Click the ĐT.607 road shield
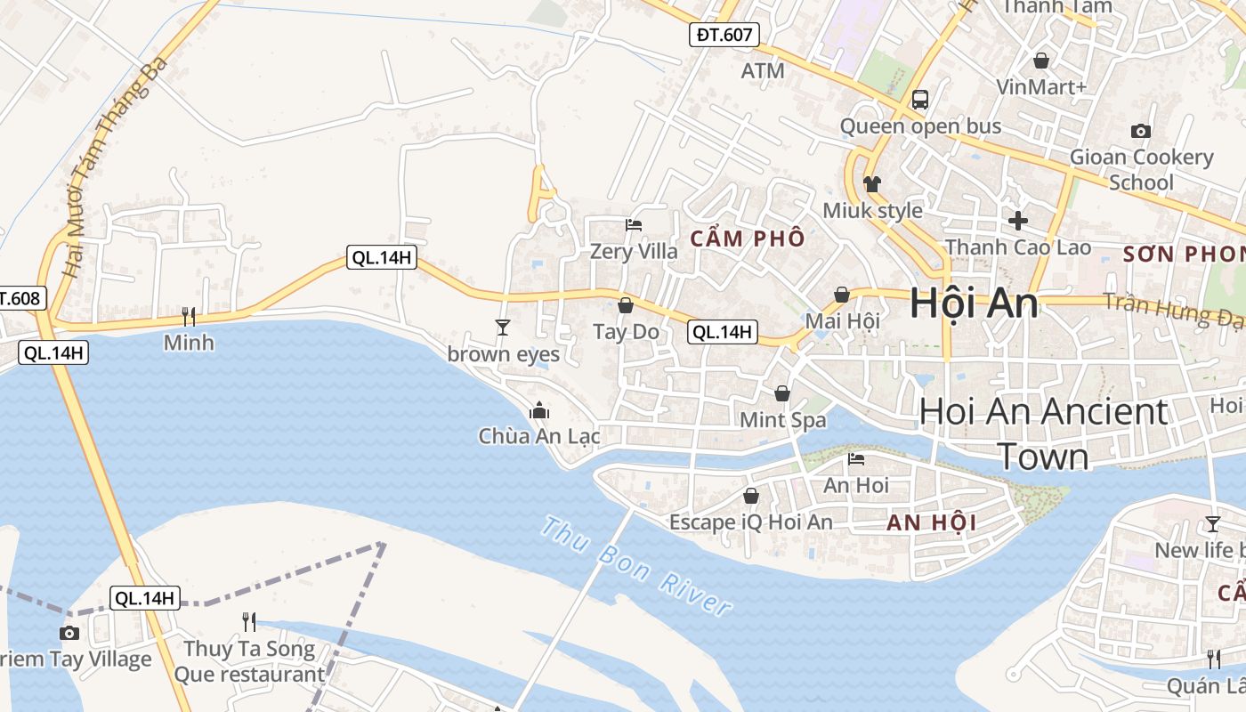725,36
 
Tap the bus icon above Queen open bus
920,100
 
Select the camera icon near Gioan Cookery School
1140,132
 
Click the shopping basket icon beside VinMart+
1040,61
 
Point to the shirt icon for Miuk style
872,184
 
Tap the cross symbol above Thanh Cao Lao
1018,220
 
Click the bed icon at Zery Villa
634,225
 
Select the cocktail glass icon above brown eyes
503,328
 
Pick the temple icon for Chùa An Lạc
538,410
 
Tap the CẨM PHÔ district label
748,239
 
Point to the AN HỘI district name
932,523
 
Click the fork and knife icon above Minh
189,316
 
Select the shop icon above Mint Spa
782,392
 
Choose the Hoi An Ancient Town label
1043,433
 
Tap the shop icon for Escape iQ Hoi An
751,496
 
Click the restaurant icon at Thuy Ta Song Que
249,621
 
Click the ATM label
763,70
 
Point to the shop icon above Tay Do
626,305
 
